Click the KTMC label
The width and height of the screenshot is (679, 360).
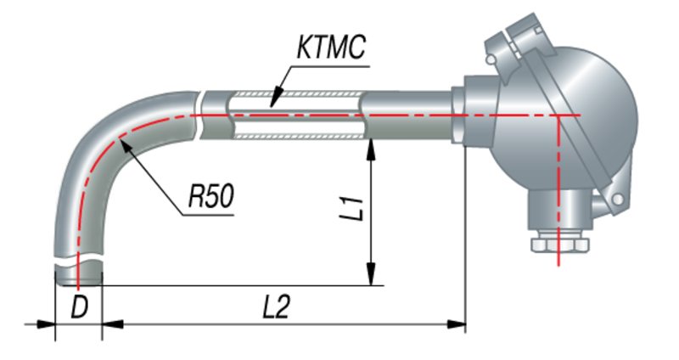(332, 48)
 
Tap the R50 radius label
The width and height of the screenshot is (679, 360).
(209, 199)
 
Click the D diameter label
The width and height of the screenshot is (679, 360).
(79, 307)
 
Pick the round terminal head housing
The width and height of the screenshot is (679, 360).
(586, 127)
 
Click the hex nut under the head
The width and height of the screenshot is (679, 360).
(558, 245)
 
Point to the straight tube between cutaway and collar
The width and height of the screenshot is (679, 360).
(407, 115)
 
